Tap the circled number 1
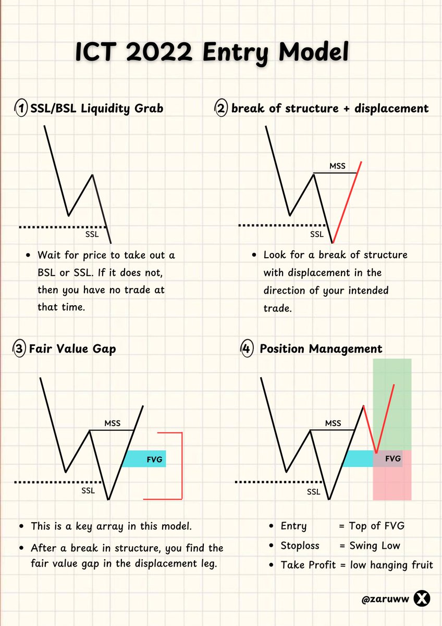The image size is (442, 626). (21, 109)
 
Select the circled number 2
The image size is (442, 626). (220, 109)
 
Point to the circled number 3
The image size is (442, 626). (20, 348)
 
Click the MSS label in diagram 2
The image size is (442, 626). (337, 166)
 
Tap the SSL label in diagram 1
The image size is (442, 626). (92, 234)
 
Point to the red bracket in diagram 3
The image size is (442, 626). (182, 465)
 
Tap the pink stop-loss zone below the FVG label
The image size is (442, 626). (392, 483)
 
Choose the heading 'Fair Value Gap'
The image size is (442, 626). (72, 348)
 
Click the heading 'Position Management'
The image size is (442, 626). (321, 348)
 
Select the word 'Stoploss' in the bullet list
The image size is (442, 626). (300, 546)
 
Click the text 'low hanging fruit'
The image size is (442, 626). (391, 565)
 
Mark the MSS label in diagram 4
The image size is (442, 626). (333, 423)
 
